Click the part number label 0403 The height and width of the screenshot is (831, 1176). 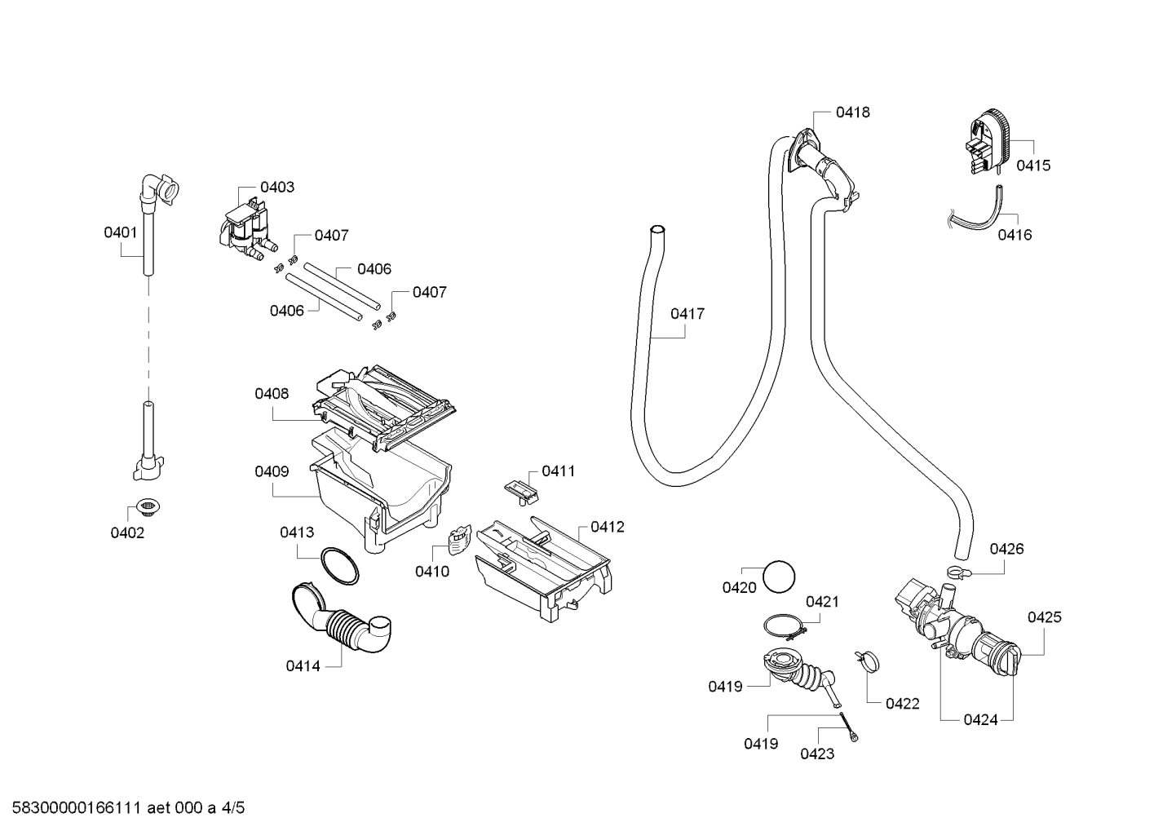click(x=277, y=188)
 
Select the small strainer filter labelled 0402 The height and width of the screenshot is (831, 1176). click(x=148, y=507)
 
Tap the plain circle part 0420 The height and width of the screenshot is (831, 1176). click(x=779, y=577)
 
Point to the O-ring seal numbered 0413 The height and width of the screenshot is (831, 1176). click(x=340, y=566)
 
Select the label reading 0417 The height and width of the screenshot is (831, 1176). click(x=687, y=314)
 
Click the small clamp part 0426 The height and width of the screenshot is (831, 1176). click(x=959, y=572)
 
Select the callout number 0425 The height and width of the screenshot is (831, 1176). click(x=1044, y=617)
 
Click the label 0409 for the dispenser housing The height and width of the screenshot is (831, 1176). click(x=272, y=472)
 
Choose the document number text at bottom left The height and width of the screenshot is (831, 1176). click(x=129, y=808)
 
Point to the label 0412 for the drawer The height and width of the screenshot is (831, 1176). click(x=608, y=527)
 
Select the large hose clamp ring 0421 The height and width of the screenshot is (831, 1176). click(x=785, y=626)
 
